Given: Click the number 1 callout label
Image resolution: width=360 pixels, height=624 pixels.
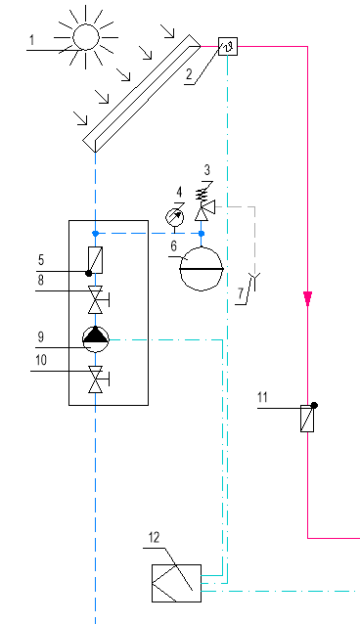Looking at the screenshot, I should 32,40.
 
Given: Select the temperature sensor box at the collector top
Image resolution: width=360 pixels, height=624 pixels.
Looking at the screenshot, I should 228,46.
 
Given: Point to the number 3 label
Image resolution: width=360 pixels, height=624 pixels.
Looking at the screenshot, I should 206,171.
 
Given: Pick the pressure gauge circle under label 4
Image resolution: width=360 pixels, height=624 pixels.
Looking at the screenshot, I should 174,213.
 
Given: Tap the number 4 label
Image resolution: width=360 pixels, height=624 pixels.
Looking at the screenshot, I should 176,191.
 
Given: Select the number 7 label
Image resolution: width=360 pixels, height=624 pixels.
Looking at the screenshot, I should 240,290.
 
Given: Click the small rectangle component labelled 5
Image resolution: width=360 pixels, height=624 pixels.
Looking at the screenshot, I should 95,260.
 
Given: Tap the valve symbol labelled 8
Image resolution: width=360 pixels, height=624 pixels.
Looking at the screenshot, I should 95,296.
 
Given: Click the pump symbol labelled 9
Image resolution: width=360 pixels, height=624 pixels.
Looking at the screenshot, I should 95,338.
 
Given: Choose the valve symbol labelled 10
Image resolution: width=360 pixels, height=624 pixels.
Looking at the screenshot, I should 95,378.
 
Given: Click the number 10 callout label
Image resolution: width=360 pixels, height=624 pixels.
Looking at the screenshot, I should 41,360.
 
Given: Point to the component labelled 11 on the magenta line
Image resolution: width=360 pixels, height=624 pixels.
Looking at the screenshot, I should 308,419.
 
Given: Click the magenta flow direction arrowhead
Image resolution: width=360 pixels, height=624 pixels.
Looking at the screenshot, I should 308,297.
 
